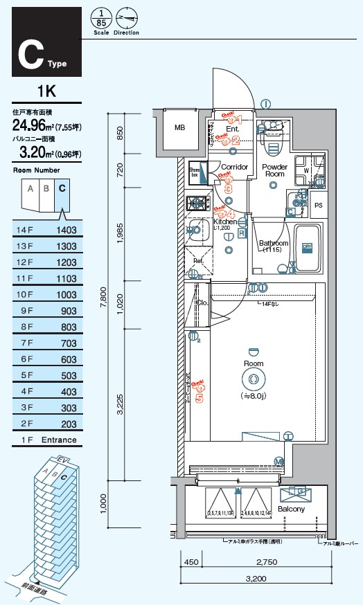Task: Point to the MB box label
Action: pos(179,127)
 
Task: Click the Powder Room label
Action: pos(274,170)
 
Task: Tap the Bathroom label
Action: pos(274,246)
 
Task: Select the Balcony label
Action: pos(291,509)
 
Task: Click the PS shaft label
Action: pos(318,206)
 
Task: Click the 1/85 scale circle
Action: pos(101,17)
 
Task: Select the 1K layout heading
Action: pos(46,91)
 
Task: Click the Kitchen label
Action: pos(224,222)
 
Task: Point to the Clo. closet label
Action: pos(202,302)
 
